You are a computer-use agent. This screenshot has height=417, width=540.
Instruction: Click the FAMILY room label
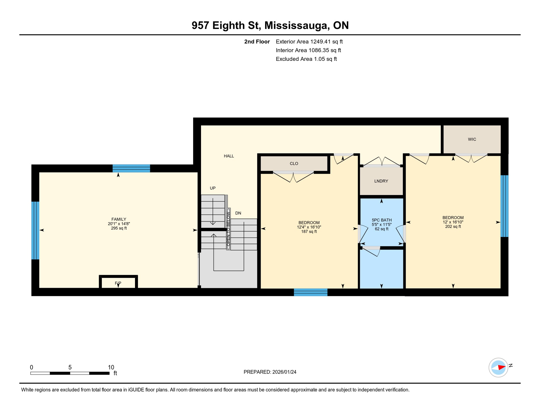click(x=119, y=219)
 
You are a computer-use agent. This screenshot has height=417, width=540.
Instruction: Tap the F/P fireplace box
click(x=118, y=283)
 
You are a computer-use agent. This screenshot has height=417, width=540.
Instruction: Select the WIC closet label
click(x=472, y=139)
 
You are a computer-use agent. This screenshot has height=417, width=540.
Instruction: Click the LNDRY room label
click(x=381, y=181)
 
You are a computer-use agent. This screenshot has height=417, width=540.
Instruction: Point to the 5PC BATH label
click(x=382, y=220)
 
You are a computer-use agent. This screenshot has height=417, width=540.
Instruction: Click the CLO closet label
click(x=294, y=163)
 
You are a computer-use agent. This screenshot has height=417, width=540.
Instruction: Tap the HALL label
click(x=229, y=156)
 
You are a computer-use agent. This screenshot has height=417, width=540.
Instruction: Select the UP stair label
click(x=212, y=188)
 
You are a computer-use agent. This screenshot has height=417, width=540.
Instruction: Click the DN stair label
click(x=238, y=213)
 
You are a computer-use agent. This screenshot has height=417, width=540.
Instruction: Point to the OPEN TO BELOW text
click(x=228, y=229)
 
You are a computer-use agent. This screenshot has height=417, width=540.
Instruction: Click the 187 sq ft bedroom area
click(x=309, y=232)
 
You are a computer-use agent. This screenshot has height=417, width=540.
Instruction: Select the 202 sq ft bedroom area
click(x=453, y=226)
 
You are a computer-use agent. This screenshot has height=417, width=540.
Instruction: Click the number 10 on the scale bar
click(x=111, y=367)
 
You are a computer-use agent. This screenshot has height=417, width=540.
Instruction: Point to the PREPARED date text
click(x=270, y=372)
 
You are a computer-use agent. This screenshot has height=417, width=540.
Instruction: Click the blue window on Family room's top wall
click(x=131, y=168)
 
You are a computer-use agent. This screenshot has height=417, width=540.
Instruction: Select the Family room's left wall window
click(x=35, y=230)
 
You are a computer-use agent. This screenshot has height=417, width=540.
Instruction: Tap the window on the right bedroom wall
click(x=504, y=206)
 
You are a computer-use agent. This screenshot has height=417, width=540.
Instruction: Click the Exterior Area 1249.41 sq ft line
click(x=309, y=42)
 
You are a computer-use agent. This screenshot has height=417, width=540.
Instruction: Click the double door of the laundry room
click(x=382, y=163)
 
